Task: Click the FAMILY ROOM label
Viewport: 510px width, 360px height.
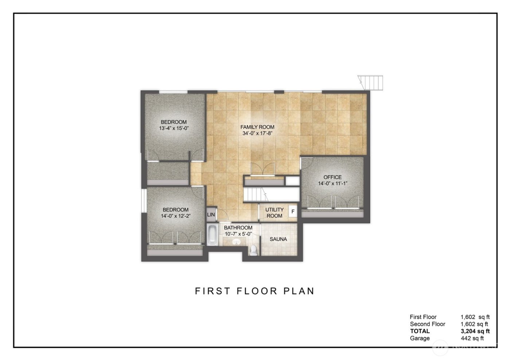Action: click(x=257, y=127)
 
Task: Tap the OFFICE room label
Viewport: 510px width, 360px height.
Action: click(x=333, y=177)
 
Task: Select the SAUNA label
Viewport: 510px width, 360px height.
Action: click(x=278, y=239)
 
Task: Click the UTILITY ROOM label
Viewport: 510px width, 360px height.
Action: click(x=274, y=213)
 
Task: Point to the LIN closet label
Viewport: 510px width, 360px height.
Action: click(x=211, y=215)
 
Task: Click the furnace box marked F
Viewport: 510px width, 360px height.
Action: click(x=293, y=211)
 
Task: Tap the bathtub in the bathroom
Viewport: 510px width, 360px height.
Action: click(x=212, y=235)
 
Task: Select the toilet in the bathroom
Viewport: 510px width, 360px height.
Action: click(x=254, y=250)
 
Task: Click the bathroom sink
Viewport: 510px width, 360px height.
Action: click(x=236, y=242)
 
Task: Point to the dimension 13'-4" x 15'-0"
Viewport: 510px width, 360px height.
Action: click(x=174, y=128)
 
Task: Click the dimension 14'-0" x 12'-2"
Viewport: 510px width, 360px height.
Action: click(x=176, y=216)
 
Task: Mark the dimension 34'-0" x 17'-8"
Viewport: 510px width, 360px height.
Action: click(x=257, y=133)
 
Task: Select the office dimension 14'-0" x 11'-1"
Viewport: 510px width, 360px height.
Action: click(x=333, y=183)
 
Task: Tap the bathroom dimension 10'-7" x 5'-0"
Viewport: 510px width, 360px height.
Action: click(x=238, y=234)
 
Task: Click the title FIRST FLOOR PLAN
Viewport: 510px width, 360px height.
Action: click(x=255, y=291)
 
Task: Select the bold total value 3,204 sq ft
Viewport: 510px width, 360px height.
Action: click(x=475, y=331)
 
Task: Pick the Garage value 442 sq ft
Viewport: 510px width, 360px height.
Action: click(x=472, y=338)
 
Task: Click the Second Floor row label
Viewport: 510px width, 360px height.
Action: click(x=427, y=324)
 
